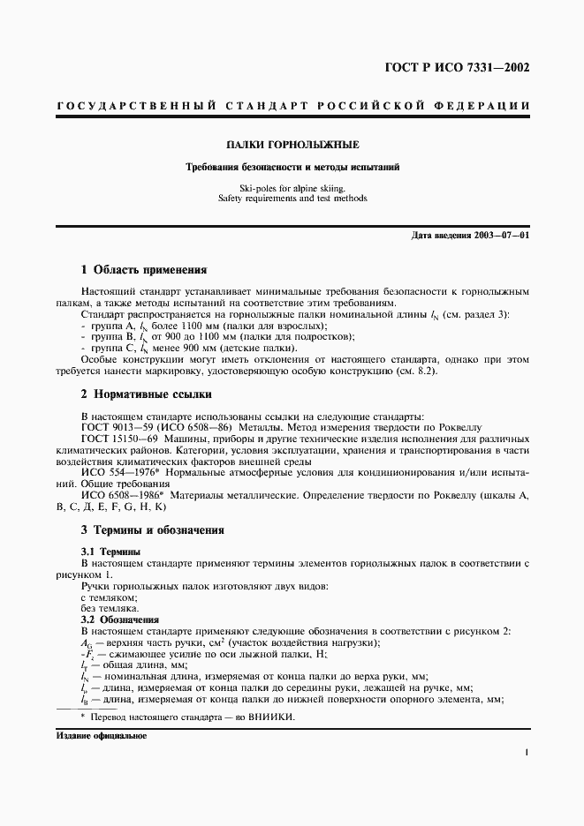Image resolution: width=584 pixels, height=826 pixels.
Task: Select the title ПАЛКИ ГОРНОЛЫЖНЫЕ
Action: pos(292,144)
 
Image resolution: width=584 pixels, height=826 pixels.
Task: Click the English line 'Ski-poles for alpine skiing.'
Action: pos(292,187)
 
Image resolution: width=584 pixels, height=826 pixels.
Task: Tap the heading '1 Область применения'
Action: pos(143,270)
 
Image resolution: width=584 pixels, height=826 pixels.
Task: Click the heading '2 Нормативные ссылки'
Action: pos(146,394)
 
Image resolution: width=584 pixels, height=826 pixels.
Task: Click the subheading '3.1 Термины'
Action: pos(105,551)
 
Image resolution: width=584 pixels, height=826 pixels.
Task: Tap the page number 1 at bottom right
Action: pos(526,753)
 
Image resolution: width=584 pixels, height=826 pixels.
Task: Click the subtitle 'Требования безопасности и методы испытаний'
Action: pos(292,166)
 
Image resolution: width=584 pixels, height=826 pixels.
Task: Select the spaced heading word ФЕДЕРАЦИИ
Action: pos(482,105)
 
